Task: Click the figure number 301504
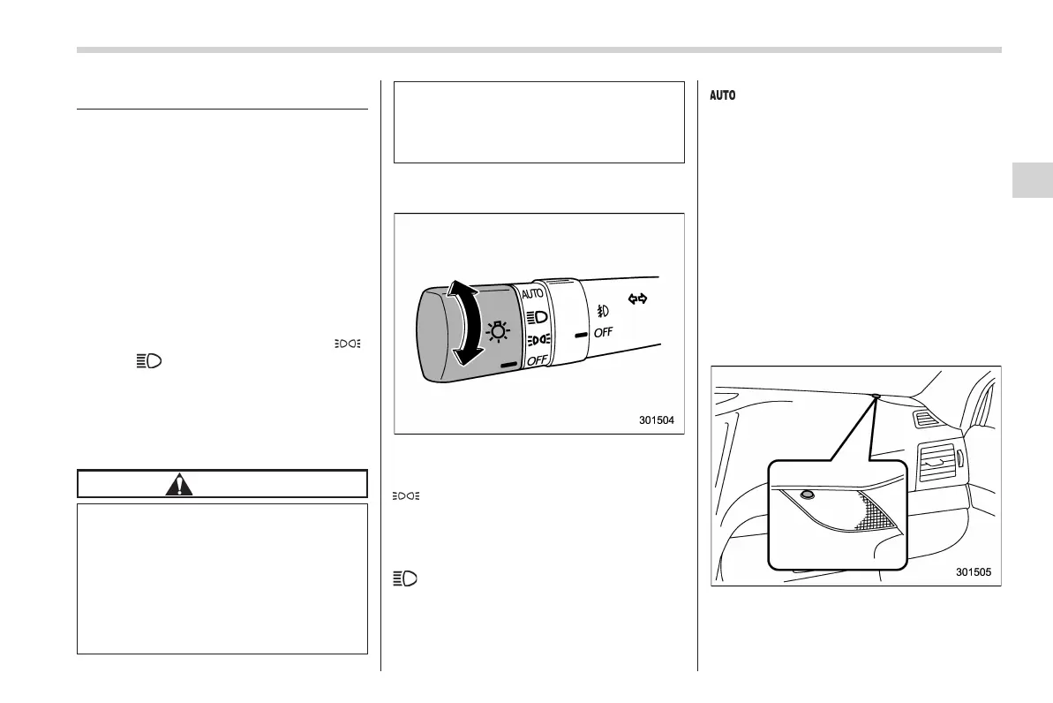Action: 657,420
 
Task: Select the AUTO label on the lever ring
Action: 532,293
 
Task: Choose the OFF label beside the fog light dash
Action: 604,332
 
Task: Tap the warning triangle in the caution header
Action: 179,484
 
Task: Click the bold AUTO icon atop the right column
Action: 723,95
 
